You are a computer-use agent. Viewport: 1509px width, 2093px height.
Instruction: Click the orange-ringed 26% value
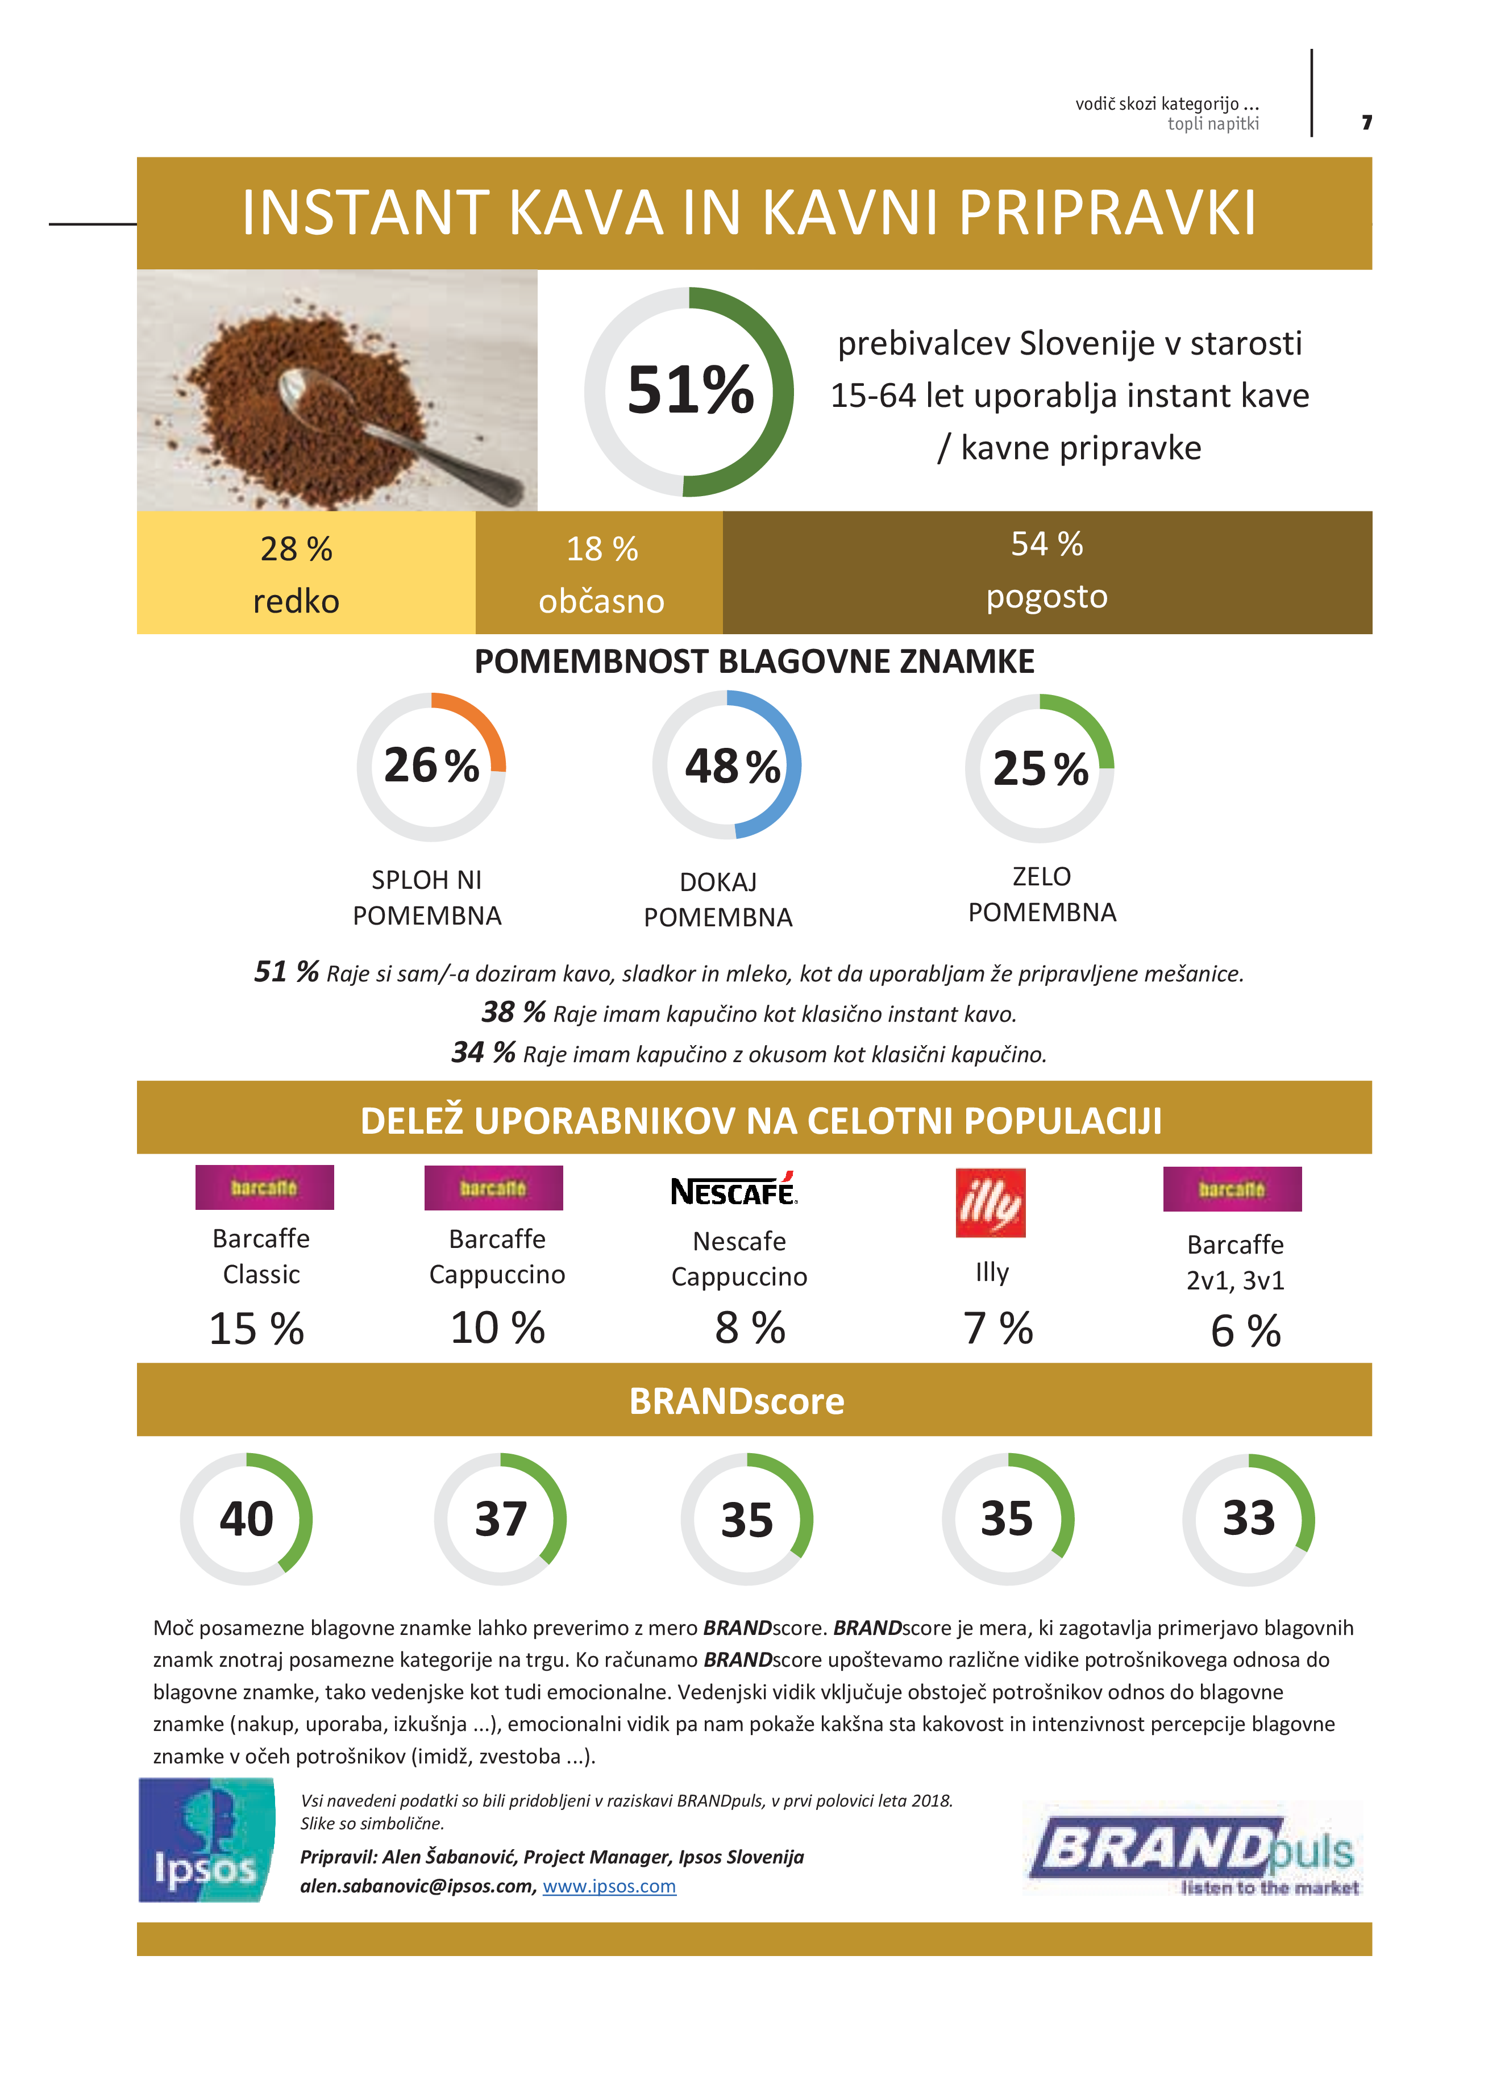pos(431,766)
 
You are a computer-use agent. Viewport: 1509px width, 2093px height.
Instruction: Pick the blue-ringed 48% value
pos(732,766)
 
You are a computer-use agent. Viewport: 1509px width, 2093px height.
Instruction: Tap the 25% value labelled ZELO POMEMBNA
pos(1040,769)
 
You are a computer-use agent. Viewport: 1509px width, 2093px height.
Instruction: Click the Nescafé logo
pos(734,1191)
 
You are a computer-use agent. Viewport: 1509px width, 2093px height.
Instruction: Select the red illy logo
pos(990,1202)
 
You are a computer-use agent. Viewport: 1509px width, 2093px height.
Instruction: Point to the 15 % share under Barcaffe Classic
pos(256,1329)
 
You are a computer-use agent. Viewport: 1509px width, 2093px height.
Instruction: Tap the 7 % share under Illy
pos(997,1329)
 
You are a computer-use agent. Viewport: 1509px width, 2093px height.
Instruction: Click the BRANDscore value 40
pos(247,1519)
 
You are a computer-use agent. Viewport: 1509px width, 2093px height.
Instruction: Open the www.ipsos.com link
pos(609,1886)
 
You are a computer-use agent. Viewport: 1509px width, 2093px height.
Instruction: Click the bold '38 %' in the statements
pos(513,1012)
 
